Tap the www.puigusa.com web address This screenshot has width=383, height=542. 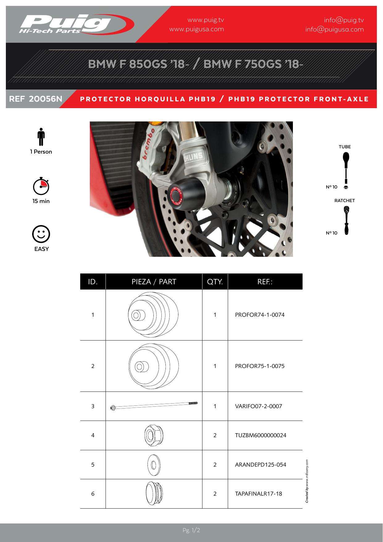pyautogui.click(x=197, y=29)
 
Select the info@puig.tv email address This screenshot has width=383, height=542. pyautogui.click(x=344, y=20)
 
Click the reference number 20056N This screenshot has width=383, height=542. pyautogui.click(x=45, y=99)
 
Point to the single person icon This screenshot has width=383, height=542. pyautogui.click(x=41, y=137)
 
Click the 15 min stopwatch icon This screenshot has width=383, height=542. pyautogui.click(x=41, y=186)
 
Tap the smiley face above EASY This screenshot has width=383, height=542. pyautogui.click(x=41, y=234)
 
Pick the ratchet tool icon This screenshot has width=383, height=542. pyautogui.click(x=346, y=220)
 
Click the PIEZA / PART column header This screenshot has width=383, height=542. pyautogui.click(x=154, y=282)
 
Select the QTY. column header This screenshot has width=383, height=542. pyautogui.click(x=215, y=282)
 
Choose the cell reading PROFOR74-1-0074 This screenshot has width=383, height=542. pyautogui.click(x=260, y=315)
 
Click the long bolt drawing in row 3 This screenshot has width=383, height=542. pyautogui.click(x=154, y=406)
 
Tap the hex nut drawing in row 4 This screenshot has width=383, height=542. pyautogui.click(x=154, y=435)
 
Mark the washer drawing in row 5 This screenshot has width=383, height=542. pyautogui.click(x=154, y=464)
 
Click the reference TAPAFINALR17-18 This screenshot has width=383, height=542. pyautogui.click(x=259, y=493)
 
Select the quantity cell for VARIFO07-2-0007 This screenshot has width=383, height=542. pyautogui.click(x=215, y=406)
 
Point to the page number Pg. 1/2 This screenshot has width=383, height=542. pyautogui.click(x=191, y=531)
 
